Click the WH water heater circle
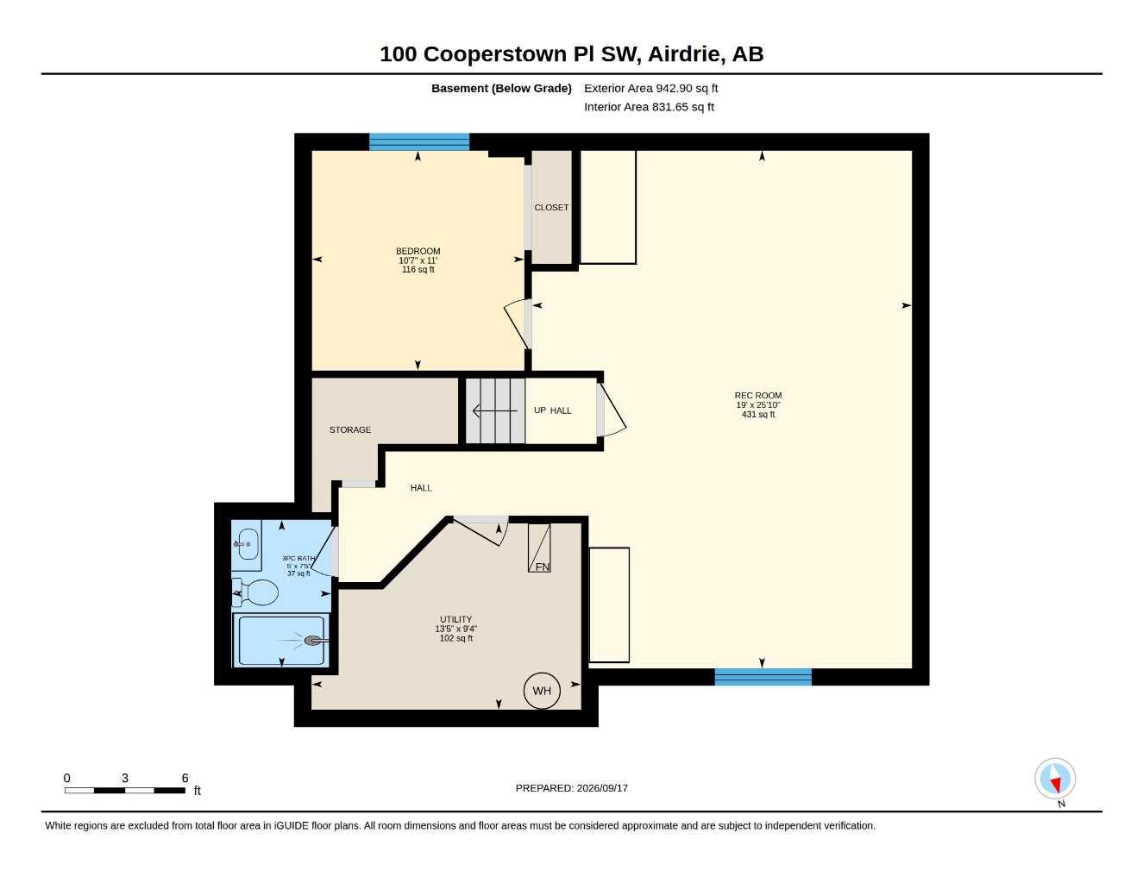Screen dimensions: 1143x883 tap(542, 691)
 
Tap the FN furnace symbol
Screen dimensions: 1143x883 tap(539, 548)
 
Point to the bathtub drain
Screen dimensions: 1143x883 tap(313, 641)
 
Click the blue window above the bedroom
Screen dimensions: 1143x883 tap(418, 142)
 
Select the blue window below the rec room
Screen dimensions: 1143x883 tap(763, 677)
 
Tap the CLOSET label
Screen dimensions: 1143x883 tap(551, 208)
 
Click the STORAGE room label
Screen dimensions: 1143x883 tap(350, 430)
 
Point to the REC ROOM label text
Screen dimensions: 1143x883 tap(758, 395)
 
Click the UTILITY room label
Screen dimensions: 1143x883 tap(456, 619)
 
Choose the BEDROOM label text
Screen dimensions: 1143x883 tap(418, 251)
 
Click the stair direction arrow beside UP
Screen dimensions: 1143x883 tap(495, 410)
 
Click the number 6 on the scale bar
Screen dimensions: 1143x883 tap(185, 778)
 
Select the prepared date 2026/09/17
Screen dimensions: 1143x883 tap(602, 788)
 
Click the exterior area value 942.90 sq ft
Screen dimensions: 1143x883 tap(687, 88)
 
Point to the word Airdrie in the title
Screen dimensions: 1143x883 tap(684, 54)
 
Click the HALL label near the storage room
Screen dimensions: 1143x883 tap(421, 488)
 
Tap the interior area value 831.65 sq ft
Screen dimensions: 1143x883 tap(682, 107)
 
